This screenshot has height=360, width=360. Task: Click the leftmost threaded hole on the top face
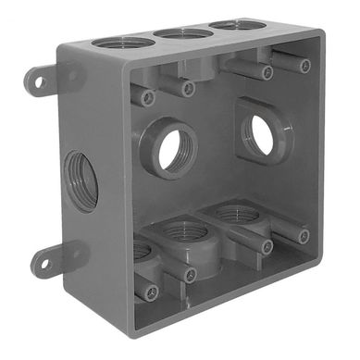click(x=123, y=42)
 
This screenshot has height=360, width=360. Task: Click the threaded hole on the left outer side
click(x=82, y=181)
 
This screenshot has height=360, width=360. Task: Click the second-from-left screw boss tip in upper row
click(x=188, y=89)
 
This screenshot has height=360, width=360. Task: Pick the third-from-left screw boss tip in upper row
click(x=267, y=72)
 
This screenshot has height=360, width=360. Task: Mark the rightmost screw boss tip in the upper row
click(x=304, y=65)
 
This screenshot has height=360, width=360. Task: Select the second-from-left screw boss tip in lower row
click(x=191, y=275)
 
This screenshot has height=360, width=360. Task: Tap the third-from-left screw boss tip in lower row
click(x=267, y=247)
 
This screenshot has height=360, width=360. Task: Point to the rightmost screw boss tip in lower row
click(x=304, y=236)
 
